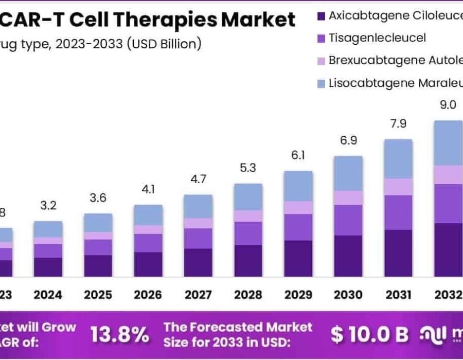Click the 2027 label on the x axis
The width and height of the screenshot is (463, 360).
(x=198, y=295)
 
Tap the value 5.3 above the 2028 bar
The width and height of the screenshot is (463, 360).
(x=247, y=168)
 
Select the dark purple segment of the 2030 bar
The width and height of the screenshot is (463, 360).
(x=348, y=256)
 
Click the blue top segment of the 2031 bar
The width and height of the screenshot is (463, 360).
(x=398, y=158)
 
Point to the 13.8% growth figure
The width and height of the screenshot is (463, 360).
(x=120, y=335)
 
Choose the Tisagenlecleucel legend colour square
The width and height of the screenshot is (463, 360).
(x=322, y=38)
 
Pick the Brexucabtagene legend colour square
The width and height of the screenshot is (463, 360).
(x=322, y=61)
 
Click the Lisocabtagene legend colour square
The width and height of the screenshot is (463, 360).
(x=322, y=83)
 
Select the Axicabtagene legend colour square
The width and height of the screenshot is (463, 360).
(x=322, y=15)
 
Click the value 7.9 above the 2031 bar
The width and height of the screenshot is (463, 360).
(x=398, y=123)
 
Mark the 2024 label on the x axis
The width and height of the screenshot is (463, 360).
(x=48, y=295)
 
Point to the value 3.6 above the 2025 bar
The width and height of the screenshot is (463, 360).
(x=98, y=198)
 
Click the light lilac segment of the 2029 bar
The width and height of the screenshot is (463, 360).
(x=298, y=207)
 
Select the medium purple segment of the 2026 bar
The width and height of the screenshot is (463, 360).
(x=148, y=243)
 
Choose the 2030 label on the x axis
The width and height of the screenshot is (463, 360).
(x=348, y=295)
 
